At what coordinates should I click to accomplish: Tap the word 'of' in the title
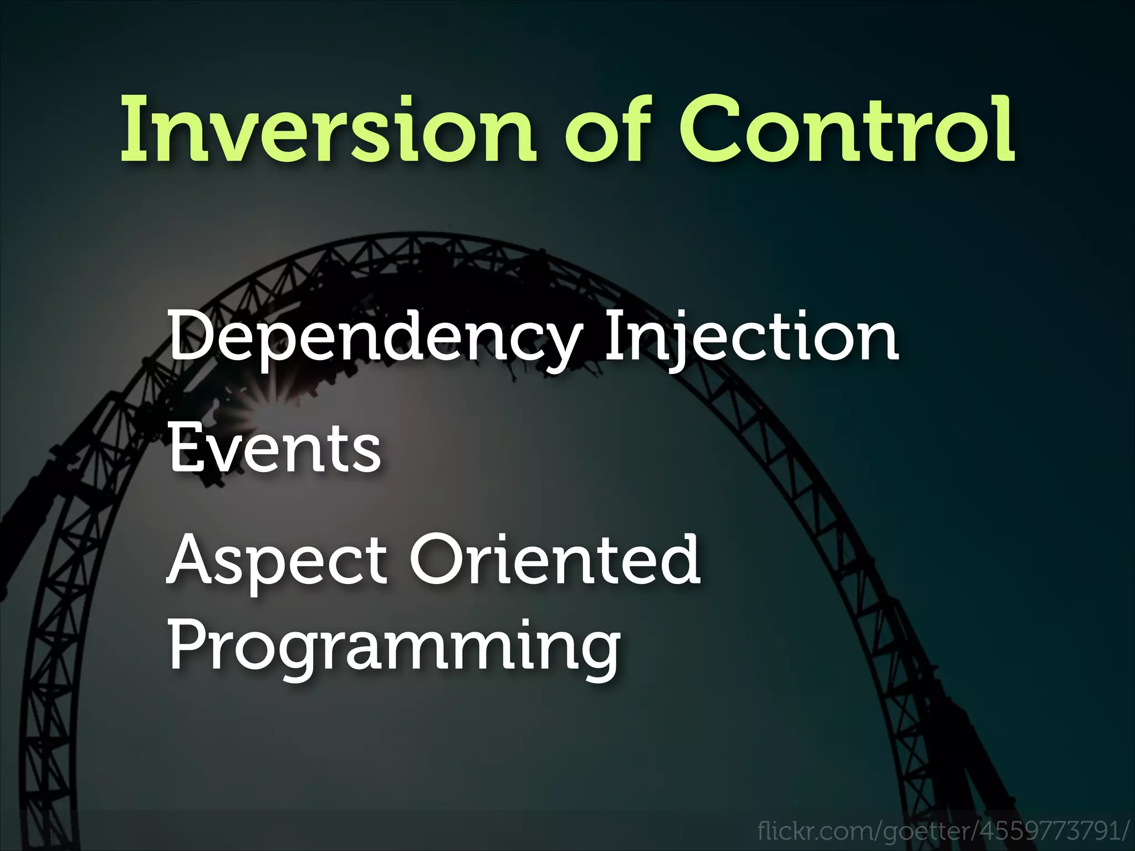click(607, 130)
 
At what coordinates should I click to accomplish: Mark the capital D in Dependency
click(191, 335)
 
